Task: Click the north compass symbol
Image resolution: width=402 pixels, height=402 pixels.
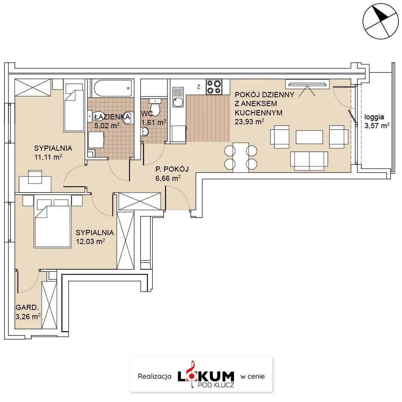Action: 380,21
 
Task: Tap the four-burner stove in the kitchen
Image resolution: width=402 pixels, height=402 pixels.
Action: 214,87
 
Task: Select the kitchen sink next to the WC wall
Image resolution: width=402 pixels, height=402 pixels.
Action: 178,97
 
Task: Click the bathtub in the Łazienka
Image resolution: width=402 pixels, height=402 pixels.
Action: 113,88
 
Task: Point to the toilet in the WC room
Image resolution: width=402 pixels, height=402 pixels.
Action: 155,107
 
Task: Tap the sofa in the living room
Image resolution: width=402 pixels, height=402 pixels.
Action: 309,161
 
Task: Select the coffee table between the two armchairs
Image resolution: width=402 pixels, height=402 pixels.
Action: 309,137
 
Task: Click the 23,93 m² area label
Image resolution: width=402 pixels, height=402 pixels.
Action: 249,121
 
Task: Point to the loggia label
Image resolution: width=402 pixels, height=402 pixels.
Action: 374,117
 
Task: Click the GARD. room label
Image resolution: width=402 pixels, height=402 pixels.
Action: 27,307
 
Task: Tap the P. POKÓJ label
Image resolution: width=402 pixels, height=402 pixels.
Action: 172,169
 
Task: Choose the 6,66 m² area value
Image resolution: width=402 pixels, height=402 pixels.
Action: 168,178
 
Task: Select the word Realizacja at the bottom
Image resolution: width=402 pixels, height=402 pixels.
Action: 154,376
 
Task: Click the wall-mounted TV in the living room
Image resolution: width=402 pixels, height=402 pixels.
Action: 307,84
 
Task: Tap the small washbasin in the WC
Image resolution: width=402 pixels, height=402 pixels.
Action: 145,132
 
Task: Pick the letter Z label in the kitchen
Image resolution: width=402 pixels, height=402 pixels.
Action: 199,87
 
